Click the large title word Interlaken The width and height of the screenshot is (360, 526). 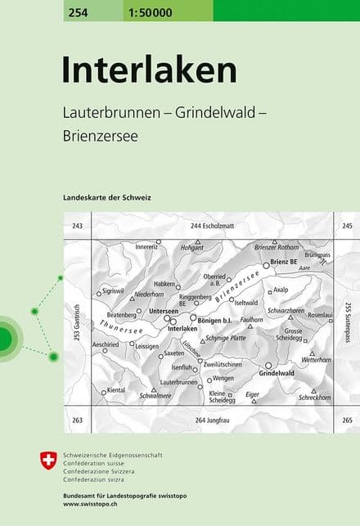149,70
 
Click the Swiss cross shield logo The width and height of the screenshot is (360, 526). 49,461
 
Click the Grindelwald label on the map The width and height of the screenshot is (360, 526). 276,373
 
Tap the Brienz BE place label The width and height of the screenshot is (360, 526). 283,263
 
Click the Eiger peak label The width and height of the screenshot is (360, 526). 253,394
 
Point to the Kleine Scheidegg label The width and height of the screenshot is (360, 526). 222,397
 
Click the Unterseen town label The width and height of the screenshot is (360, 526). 163,312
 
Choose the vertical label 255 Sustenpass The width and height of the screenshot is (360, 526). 348,321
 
